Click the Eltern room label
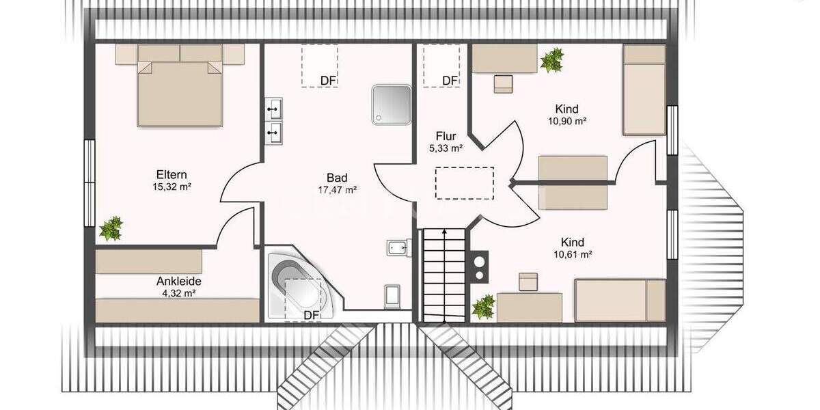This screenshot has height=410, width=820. coord(171,174)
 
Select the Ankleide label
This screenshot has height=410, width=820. coord(179,281)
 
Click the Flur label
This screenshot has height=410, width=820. coord(446,136)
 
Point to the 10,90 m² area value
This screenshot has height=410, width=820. coord(567,121)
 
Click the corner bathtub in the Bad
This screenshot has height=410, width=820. coord(297,286)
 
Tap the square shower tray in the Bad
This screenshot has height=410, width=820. coord(392,105)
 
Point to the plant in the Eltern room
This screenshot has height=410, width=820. coord(111,228)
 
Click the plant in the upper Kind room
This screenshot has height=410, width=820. coord(551,60)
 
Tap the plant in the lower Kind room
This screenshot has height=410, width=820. coord(484,306)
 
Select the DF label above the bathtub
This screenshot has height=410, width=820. coord(312,315)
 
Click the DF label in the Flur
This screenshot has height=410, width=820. coord(450,81)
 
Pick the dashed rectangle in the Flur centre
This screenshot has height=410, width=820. coord(465,182)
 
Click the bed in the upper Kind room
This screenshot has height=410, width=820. coord(644,90)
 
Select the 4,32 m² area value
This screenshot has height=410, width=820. coord(179,293)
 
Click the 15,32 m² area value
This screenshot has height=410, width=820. coord(172,187)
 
